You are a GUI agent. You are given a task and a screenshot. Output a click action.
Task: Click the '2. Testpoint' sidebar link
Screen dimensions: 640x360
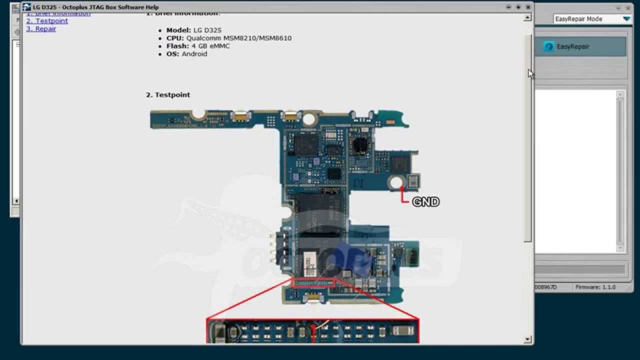point(47,21)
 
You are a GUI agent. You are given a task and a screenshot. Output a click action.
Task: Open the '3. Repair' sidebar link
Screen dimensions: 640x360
point(41,29)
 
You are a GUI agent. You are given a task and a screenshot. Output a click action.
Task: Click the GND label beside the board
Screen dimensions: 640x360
point(425,202)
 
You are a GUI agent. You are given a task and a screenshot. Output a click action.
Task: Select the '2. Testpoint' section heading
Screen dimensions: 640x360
point(168,95)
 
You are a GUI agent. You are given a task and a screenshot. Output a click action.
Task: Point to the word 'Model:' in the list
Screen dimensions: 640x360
point(178,30)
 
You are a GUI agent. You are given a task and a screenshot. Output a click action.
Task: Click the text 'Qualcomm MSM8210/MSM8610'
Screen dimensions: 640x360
point(239,38)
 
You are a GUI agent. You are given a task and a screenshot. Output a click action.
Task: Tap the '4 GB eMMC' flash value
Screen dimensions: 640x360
point(210,46)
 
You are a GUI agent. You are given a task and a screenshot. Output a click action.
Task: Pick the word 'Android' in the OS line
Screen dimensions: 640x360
point(194,54)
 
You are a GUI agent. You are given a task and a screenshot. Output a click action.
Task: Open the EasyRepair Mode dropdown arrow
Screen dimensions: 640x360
point(626,19)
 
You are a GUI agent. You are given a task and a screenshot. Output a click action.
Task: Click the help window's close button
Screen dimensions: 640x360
point(528,7)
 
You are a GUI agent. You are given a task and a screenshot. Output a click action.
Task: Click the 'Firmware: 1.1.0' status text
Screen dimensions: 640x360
point(595,287)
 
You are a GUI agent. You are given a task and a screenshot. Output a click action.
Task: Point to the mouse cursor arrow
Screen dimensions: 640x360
point(531,73)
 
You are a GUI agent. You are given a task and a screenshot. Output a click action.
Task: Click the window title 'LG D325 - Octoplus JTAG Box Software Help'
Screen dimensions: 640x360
point(95,7)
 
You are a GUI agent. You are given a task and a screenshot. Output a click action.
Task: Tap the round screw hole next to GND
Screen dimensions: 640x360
point(396,182)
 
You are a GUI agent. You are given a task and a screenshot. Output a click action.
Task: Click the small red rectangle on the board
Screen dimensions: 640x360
point(313,283)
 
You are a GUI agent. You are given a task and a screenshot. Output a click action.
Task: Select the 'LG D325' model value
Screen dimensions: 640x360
point(207,30)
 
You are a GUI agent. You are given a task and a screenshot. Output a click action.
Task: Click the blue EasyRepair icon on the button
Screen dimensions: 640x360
point(548,46)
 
